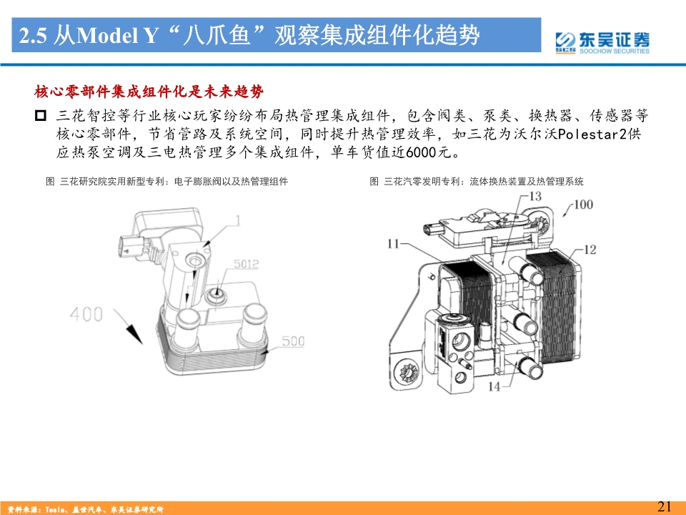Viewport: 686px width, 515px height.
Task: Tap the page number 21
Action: [664, 506]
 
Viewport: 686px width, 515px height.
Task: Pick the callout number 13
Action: [535, 196]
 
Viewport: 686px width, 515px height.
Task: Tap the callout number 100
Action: [583, 205]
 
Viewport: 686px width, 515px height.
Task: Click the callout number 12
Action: [589, 250]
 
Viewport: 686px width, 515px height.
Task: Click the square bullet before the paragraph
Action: [40, 116]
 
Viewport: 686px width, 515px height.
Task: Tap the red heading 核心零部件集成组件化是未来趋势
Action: [149, 92]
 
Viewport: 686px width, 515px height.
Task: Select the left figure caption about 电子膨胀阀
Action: [166, 182]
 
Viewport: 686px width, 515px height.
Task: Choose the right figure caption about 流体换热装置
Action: [477, 182]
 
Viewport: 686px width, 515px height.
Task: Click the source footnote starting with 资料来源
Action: [82, 509]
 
